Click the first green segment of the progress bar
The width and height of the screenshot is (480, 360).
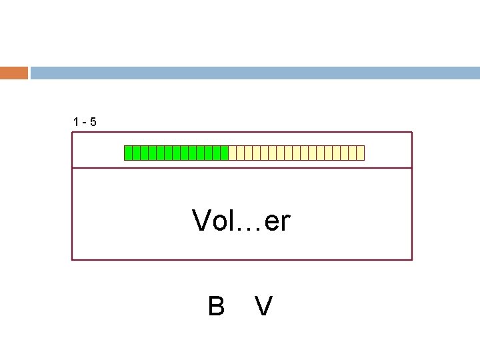129,153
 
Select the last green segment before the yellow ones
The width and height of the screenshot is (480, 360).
225,153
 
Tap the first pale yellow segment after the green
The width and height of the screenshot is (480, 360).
233,153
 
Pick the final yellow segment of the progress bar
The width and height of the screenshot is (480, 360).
361,153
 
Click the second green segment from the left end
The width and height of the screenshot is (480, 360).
137,153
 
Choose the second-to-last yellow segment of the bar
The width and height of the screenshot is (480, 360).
353,153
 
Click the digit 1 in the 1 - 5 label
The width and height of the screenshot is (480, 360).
77,122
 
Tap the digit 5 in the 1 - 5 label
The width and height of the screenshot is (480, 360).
93,122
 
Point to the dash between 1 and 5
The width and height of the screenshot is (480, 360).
85,123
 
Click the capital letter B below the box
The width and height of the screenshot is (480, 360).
215,306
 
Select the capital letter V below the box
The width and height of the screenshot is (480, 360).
263,306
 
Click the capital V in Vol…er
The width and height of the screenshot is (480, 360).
201,221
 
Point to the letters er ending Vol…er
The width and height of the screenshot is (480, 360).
277,223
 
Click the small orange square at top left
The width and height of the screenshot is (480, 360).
13,73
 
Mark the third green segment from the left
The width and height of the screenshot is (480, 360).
145,153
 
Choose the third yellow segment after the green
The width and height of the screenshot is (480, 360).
249,153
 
